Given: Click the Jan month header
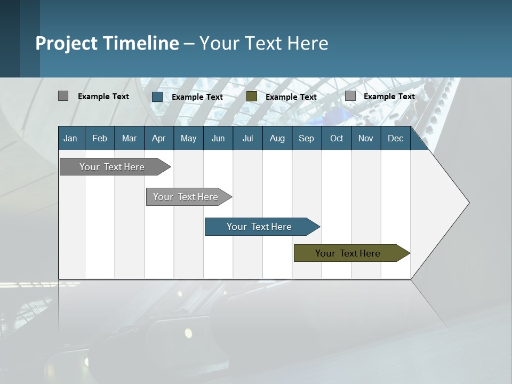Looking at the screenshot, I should (x=70, y=138).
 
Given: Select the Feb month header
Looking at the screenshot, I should (x=100, y=138).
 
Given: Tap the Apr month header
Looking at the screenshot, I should (x=158, y=138).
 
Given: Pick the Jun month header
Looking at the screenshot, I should (x=218, y=138).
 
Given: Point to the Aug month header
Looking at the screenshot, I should (x=277, y=138).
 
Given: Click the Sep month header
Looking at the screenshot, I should (x=306, y=138).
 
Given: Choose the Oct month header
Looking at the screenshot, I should (x=337, y=138).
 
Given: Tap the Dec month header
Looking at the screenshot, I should (x=395, y=138).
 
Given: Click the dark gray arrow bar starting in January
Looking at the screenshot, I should (x=112, y=167).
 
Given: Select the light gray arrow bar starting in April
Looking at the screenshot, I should (x=186, y=197).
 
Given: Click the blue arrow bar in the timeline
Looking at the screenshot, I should (x=259, y=227).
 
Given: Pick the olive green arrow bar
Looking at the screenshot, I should (x=348, y=253).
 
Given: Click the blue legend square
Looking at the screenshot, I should (x=157, y=97).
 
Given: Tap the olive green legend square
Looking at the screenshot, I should (x=252, y=97).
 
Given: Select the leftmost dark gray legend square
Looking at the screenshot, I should (x=63, y=96).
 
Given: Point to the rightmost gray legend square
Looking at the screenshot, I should (x=350, y=96).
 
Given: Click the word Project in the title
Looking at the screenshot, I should (x=67, y=43).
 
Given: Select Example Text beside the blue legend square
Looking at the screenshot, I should (x=197, y=97).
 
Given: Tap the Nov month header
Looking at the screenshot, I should (x=366, y=138).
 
